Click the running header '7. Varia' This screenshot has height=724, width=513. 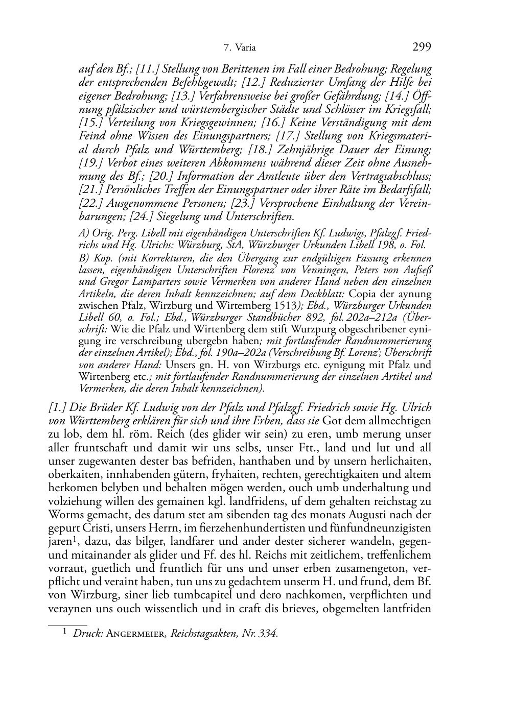pyautogui.click(x=240, y=49)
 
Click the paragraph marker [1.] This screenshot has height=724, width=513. pyautogui.click(x=56, y=408)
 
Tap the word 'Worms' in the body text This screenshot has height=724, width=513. pyautogui.click(x=63, y=514)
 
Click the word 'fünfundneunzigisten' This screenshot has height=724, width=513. pyautogui.click(x=388, y=527)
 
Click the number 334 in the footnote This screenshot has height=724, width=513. pyautogui.click(x=268, y=634)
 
